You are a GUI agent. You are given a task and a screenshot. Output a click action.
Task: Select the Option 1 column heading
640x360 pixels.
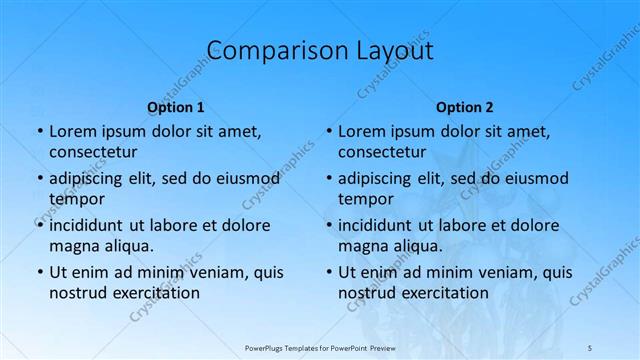pyautogui.click(x=176, y=107)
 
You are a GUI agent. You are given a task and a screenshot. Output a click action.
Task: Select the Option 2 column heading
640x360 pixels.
pyautogui.click(x=465, y=107)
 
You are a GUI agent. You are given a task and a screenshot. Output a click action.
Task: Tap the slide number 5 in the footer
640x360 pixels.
pyautogui.click(x=590, y=346)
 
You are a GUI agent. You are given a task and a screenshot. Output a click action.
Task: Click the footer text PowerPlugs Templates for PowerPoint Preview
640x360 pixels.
pyautogui.click(x=320, y=346)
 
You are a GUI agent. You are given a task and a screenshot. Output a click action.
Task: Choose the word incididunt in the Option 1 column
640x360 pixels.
pyautogui.click(x=91, y=225)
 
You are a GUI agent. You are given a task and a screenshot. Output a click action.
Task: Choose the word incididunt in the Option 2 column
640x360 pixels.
pyautogui.click(x=380, y=225)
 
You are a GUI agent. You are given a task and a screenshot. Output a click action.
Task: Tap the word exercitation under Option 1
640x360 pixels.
pyautogui.click(x=155, y=293)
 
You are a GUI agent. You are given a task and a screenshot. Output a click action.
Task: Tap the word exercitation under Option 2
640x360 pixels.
pyautogui.click(x=444, y=293)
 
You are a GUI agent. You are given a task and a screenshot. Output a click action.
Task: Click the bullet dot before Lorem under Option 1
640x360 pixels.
pyautogui.click(x=39, y=131)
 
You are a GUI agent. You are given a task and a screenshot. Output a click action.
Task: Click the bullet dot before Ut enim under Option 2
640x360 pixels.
pyautogui.click(x=328, y=272)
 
